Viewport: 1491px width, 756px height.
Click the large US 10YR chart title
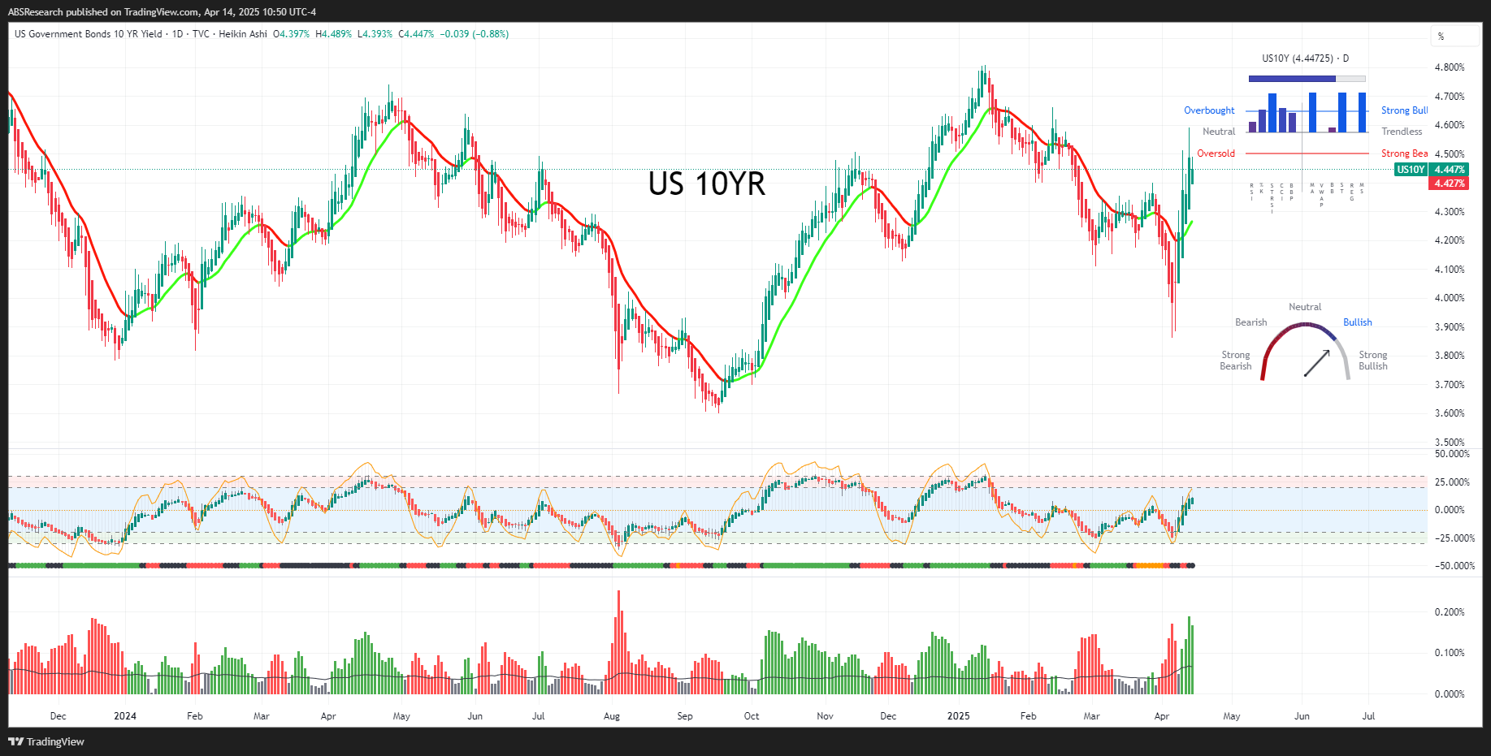click(x=706, y=184)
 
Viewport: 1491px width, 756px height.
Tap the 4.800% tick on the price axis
click(x=1450, y=67)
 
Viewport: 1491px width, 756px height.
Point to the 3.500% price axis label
click(x=1450, y=443)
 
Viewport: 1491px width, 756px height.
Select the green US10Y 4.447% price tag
click(x=1431, y=170)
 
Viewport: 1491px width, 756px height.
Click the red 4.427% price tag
click(x=1450, y=184)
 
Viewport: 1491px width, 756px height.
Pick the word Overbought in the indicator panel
click(x=1209, y=110)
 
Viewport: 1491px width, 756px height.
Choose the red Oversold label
click(x=1216, y=153)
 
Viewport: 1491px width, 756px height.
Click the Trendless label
click(x=1402, y=132)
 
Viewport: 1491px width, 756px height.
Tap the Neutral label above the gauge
click(x=1305, y=307)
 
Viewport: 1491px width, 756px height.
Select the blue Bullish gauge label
click(x=1357, y=322)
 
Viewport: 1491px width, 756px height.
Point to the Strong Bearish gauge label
click(x=1235, y=361)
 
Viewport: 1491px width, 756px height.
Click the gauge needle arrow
click(x=1317, y=363)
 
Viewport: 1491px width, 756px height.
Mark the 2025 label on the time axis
click(x=959, y=716)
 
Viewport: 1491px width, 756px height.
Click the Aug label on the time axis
click(x=612, y=716)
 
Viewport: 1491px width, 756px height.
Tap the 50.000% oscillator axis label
click(x=1452, y=454)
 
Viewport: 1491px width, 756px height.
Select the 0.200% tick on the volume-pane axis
click(x=1450, y=612)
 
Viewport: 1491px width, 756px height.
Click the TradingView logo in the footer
click(x=46, y=741)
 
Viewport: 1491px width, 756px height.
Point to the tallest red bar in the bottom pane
click(x=618, y=642)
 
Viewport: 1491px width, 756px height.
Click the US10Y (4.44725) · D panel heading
click(x=1305, y=58)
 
